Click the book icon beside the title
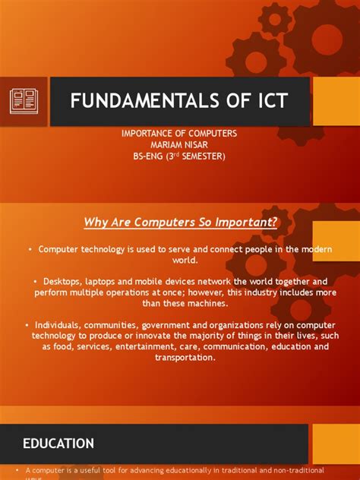(24, 101)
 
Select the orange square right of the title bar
(336, 101)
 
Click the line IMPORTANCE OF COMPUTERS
(179, 134)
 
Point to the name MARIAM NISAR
(179, 145)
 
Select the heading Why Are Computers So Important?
(180, 222)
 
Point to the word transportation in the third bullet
(179, 357)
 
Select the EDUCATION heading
(58, 444)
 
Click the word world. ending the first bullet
(180, 260)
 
